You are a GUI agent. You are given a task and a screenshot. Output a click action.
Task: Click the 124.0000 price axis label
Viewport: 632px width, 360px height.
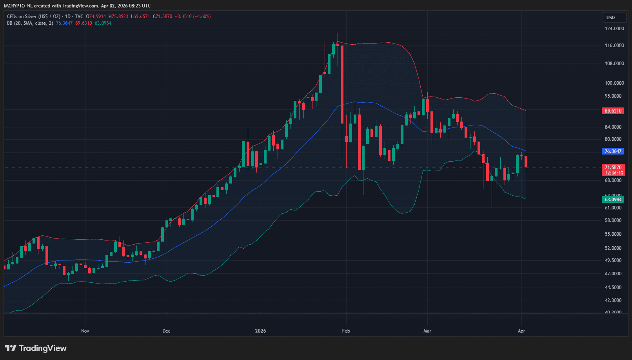pyautogui.click(x=614, y=29)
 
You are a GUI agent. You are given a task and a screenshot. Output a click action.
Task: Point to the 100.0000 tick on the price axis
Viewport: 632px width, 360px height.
pyautogui.click(x=614, y=83)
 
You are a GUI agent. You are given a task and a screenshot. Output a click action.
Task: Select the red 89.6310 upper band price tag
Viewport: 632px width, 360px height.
pyautogui.click(x=613, y=111)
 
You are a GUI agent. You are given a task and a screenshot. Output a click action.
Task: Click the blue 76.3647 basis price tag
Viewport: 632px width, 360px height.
pyautogui.click(x=613, y=151)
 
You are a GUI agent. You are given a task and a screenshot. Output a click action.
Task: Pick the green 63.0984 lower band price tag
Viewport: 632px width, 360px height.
pyautogui.click(x=613, y=200)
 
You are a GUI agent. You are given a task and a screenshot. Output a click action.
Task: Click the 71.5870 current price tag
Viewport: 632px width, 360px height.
pyautogui.click(x=613, y=167)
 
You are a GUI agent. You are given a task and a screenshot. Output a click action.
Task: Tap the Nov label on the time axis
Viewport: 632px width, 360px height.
pyautogui.click(x=85, y=331)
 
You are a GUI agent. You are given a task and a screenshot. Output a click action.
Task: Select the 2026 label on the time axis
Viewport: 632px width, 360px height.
pyautogui.click(x=260, y=331)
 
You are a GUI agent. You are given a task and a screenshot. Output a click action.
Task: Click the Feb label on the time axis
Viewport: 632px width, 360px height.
pyautogui.click(x=346, y=331)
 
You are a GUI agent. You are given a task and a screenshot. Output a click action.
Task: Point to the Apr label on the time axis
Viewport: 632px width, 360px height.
pyautogui.click(x=521, y=331)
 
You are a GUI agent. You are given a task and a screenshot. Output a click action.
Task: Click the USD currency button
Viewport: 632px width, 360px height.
pyautogui.click(x=610, y=18)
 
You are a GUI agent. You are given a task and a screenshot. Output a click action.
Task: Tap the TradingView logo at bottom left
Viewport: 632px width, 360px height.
pyautogui.click(x=36, y=348)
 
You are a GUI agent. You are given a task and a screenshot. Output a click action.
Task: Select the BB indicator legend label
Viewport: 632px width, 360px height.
pyautogui.click(x=30, y=23)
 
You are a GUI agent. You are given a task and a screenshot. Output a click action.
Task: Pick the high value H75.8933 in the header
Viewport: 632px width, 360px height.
pyautogui.click(x=118, y=16)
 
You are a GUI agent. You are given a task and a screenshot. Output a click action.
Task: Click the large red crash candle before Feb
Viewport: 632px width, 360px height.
pyautogui.click(x=342, y=84)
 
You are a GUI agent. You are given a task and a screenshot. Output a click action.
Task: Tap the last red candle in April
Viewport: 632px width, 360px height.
pyautogui.click(x=526, y=162)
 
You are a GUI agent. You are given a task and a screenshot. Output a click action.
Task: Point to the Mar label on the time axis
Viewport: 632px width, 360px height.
pyautogui.click(x=427, y=331)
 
